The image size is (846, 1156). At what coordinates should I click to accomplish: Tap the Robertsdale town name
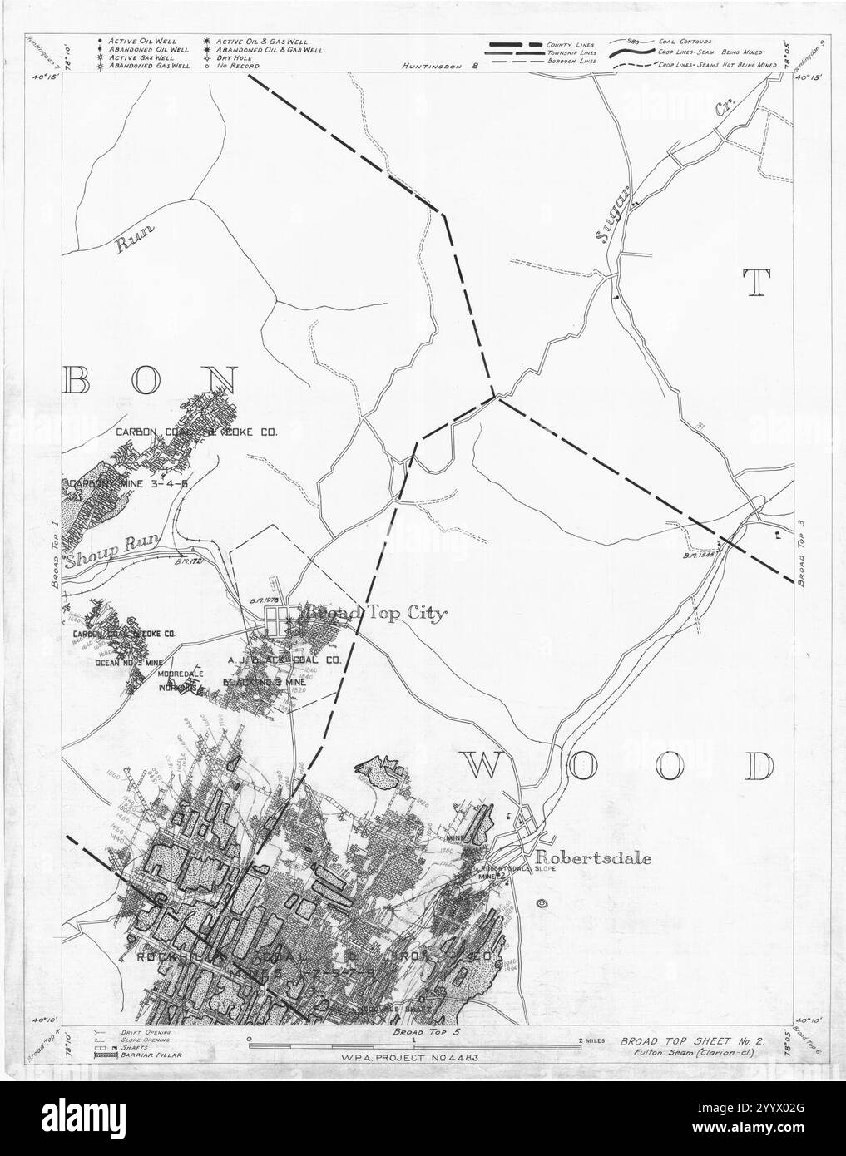click(x=593, y=858)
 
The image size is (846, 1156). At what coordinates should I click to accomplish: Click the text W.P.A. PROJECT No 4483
click(x=413, y=1058)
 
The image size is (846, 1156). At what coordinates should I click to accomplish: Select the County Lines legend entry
click(x=567, y=42)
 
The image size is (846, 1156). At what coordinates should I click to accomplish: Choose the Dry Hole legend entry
click(x=235, y=58)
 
